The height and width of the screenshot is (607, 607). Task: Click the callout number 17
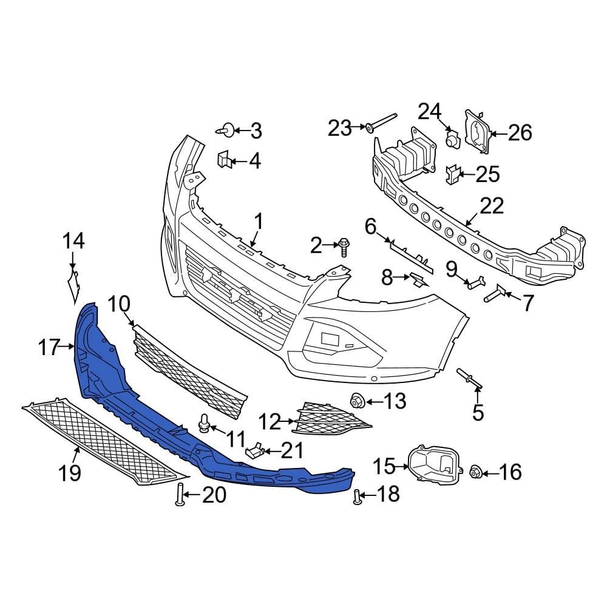click(x=49, y=348)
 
